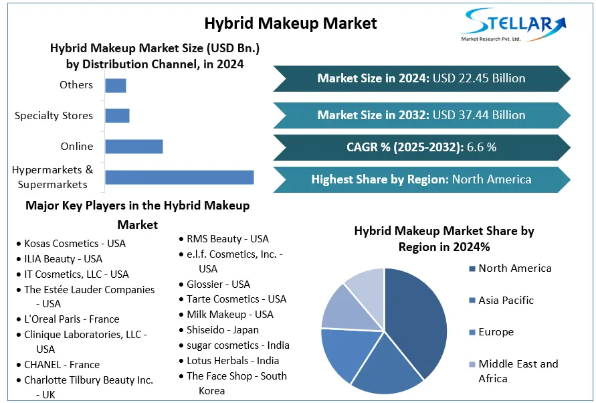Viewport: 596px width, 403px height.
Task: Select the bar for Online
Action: point(134,147)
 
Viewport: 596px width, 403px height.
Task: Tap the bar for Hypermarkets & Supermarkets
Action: point(179,177)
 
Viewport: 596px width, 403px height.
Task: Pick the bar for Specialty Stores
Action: point(117,116)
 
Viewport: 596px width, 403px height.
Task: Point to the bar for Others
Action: point(116,85)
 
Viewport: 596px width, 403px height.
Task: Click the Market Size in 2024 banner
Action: point(421,78)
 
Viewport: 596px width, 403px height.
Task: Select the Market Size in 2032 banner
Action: point(421,115)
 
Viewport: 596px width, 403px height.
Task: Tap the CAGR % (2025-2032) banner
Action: point(421,147)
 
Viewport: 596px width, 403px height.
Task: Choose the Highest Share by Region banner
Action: point(421,179)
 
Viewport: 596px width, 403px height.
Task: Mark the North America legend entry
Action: point(514,268)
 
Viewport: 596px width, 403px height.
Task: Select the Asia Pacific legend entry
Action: point(506,301)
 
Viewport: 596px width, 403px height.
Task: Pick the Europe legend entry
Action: point(496,332)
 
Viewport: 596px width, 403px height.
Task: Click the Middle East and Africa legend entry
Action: point(518,371)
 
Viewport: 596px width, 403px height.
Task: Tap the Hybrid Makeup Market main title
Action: point(290,23)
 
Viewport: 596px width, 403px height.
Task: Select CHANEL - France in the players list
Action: point(62,365)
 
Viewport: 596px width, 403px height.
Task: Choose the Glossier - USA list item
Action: point(218,284)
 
